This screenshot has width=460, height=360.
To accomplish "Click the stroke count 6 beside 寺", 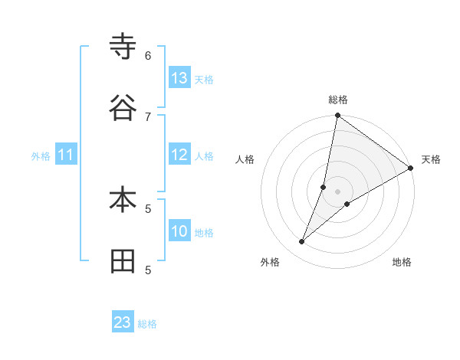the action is pyautogui.click(x=148, y=56).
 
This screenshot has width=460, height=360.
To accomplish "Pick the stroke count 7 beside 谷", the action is pyautogui.click(x=148, y=116).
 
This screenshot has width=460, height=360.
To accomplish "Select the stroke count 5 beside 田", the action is pyautogui.click(x=148, y=270).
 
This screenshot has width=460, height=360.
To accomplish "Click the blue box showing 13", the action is pyautogui.click(x=179, y=78).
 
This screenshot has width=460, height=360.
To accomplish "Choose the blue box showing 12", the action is pyautogui.click(x=179, y=155).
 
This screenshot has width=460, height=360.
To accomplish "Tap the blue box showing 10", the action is pyautogui.click(x=179, y=231).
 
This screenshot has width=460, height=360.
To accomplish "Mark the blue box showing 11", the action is pyautogui.click(x=66, y=155).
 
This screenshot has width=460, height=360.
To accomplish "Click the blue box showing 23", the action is pyautogui.click(x=123, y=322).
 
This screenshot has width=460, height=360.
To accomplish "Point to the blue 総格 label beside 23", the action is pyautogui.click(x=147, y=324).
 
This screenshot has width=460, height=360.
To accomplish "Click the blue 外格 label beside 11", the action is pyautogui.click(x=41, y=156).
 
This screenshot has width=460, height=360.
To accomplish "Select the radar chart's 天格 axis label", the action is pyautogui.click(x=431, y=159).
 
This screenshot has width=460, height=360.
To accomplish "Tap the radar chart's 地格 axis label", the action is pyautogui.click(x=402, y=263).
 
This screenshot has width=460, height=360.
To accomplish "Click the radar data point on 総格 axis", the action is pyautogui.click(x=337, y=116).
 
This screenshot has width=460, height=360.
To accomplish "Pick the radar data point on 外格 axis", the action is pyautogui.click(x=302, y=242).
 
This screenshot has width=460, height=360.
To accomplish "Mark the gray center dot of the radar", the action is pyautogui.click(x=337, y=191).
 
